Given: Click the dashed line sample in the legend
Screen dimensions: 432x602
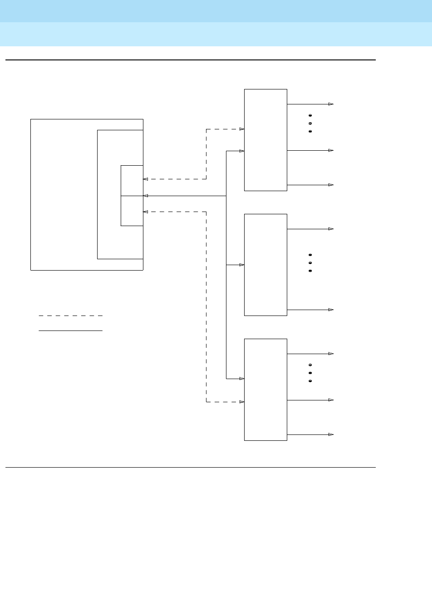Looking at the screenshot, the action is pos(70,316).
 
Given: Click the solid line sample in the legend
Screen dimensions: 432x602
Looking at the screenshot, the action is pos(70,331).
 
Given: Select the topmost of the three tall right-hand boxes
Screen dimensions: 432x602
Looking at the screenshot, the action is pos(265,140).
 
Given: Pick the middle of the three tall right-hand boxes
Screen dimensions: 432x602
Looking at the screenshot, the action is pos(265,265).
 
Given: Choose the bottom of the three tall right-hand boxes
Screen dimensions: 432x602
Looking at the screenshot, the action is pos(265,390).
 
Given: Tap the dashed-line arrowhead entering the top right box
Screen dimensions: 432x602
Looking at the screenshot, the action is pos(242,129).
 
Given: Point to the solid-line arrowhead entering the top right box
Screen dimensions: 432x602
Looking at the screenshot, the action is pos(242,151).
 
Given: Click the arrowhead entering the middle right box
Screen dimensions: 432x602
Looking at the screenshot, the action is pos(242,265).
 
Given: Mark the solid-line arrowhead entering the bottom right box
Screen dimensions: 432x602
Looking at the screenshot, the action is pos(242,379).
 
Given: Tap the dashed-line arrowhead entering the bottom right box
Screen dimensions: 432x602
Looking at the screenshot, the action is pos(242,402).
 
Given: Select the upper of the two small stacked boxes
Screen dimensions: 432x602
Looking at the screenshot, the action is pos(132,181).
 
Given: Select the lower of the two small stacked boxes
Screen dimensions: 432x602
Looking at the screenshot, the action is pos(132,211).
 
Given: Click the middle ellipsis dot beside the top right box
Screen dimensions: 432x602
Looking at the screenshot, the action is pos(310,123).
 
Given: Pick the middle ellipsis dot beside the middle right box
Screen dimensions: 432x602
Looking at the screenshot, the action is pos(310,263).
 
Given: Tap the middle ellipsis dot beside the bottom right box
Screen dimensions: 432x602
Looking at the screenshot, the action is pos(310,373).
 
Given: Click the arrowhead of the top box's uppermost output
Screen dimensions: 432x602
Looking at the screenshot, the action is pos(331,104).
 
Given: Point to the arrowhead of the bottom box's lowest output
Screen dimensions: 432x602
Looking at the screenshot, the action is pos(331,434).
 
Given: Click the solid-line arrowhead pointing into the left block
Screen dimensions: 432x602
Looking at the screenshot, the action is pos(146,196).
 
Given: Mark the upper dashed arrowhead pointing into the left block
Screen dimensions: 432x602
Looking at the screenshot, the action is pos(146,179).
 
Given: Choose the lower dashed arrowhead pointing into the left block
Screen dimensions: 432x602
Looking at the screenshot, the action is pos(146,212).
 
